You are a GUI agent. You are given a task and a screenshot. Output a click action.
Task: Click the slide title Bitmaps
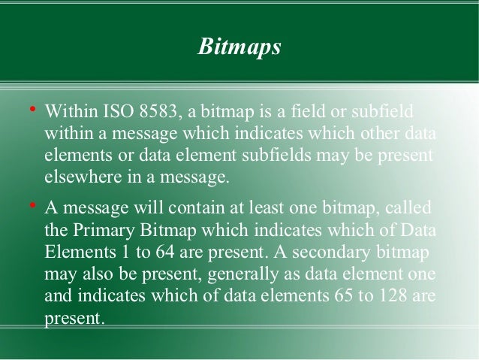point(239,48)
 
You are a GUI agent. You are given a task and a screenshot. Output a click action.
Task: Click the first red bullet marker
point(32,113)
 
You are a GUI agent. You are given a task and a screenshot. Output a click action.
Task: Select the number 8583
point(162,115)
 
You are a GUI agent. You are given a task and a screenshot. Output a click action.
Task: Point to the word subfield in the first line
point(383,115)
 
